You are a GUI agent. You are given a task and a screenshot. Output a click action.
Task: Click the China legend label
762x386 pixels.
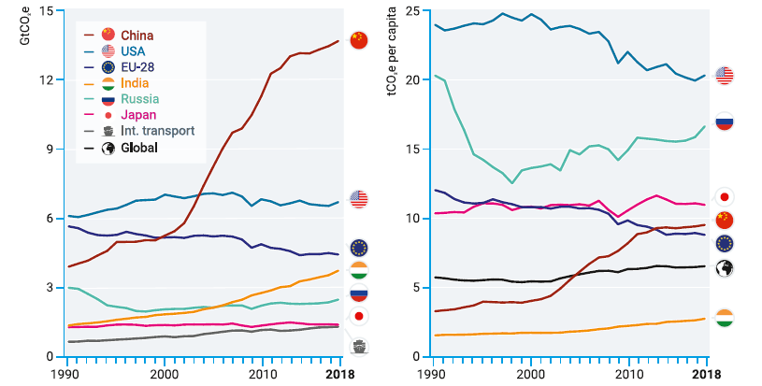[137, 36]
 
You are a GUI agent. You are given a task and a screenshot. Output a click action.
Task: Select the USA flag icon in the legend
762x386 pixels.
[108, 51]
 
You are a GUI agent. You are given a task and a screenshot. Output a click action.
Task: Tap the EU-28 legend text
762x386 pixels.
[137, 67]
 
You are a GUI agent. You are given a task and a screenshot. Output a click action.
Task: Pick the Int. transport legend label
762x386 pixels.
[157, 131]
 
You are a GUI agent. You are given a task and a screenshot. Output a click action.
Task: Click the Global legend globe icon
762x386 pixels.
[108, 148]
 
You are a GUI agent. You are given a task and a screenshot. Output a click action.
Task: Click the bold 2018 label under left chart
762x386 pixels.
[340, 375]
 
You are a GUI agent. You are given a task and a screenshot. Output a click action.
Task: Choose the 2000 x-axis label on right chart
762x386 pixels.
[531, 375]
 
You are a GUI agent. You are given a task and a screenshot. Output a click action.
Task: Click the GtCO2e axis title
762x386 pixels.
[25, 27]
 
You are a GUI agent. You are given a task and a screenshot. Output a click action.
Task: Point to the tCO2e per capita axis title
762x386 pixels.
[392, 51]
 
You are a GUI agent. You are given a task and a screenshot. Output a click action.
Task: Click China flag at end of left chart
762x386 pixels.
[359, 40]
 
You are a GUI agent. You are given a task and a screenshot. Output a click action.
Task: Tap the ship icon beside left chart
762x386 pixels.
[359, 347]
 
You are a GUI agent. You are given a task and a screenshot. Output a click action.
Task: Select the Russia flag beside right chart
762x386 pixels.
[724, 122]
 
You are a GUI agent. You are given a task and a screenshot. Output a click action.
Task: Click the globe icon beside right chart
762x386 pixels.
[724, 268]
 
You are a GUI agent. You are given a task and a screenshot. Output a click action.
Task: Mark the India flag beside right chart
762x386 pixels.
[724, 318]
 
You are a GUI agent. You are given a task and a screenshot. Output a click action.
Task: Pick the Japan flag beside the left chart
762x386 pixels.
[359, 317]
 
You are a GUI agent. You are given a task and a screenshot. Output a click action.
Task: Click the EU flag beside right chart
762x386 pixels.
[724, 244]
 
